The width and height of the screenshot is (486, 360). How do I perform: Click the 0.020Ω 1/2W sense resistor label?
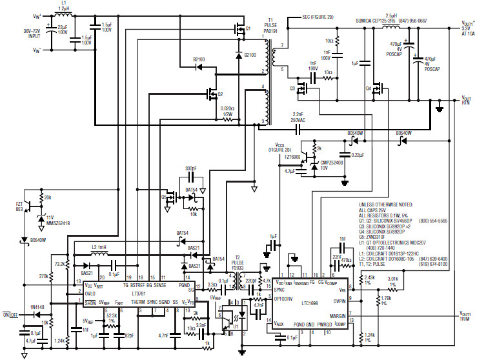click(227, 111)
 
